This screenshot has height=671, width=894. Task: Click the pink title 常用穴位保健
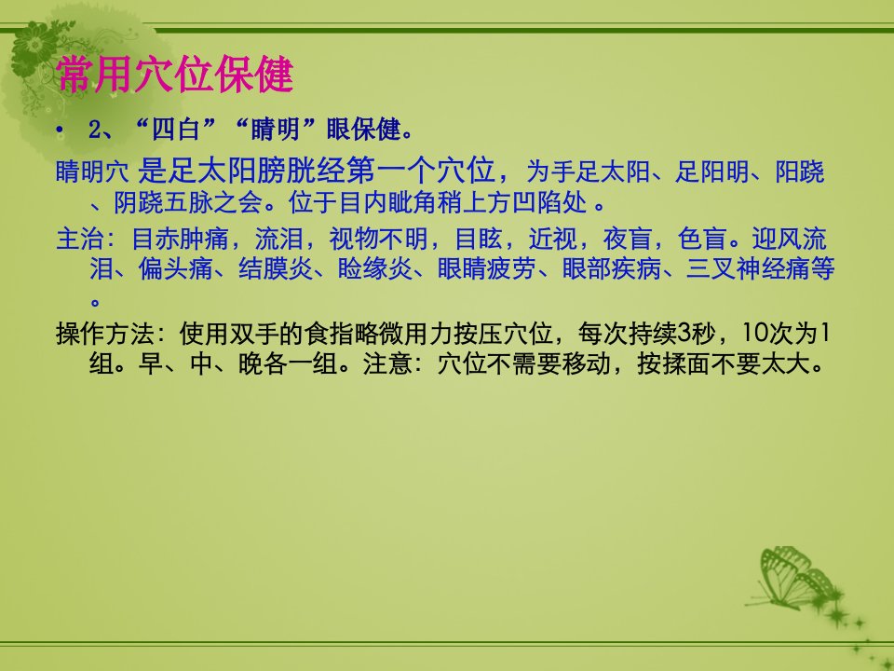pos(175,75)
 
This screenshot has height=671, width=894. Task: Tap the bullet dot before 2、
pos(60,130)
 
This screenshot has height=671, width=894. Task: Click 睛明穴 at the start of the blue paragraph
pos(92,171)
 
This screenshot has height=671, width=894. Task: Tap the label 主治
pos(80,239)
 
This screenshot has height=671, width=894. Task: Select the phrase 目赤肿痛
pos(180,239)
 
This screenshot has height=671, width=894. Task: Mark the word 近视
pos(552,239)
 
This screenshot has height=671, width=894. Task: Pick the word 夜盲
pos(627,239)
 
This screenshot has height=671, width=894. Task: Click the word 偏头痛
pos(175,268)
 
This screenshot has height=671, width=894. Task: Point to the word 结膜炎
pos(275,268)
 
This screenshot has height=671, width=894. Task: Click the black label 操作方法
pos(105,334)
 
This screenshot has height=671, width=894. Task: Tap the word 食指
pos(329,334)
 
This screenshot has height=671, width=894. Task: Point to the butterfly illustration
pos(796,578)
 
